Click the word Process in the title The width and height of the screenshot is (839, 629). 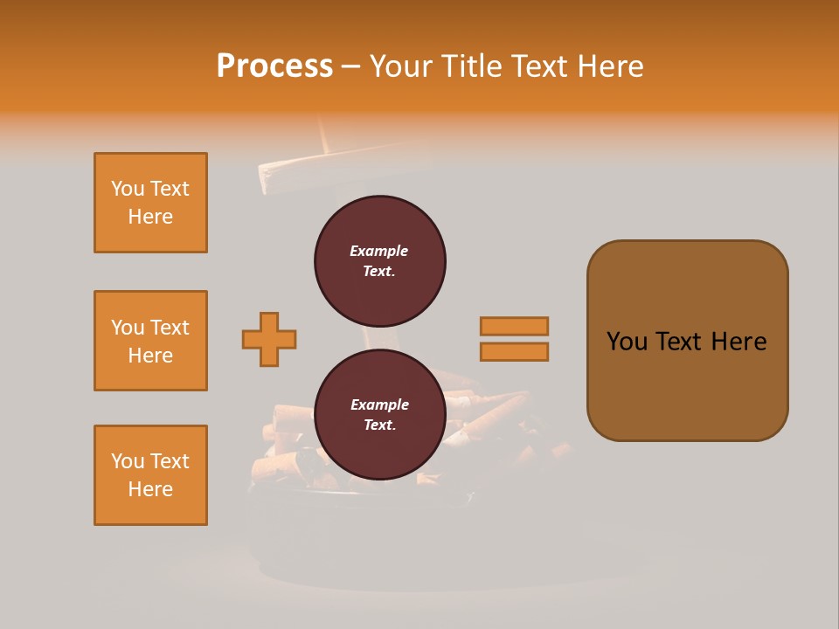[x=274, y=66]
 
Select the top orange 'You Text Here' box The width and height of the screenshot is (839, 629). [x=150, y=203]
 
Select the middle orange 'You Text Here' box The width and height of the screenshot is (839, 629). [x=150, y=341]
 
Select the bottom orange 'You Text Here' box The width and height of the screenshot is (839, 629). [x=150, y=475]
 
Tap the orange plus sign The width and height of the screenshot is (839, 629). [x=269, y=339]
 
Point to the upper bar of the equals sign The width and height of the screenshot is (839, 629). [x=514, y=327]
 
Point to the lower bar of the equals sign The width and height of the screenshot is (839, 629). [x=514, y=351]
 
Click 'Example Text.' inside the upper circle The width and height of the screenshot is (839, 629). [x=379, y=261]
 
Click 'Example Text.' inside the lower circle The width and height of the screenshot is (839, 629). [x=379, y=415]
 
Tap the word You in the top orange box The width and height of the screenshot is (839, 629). [x=127, y=189]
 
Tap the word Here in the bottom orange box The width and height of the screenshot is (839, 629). [x=150, y=489]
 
